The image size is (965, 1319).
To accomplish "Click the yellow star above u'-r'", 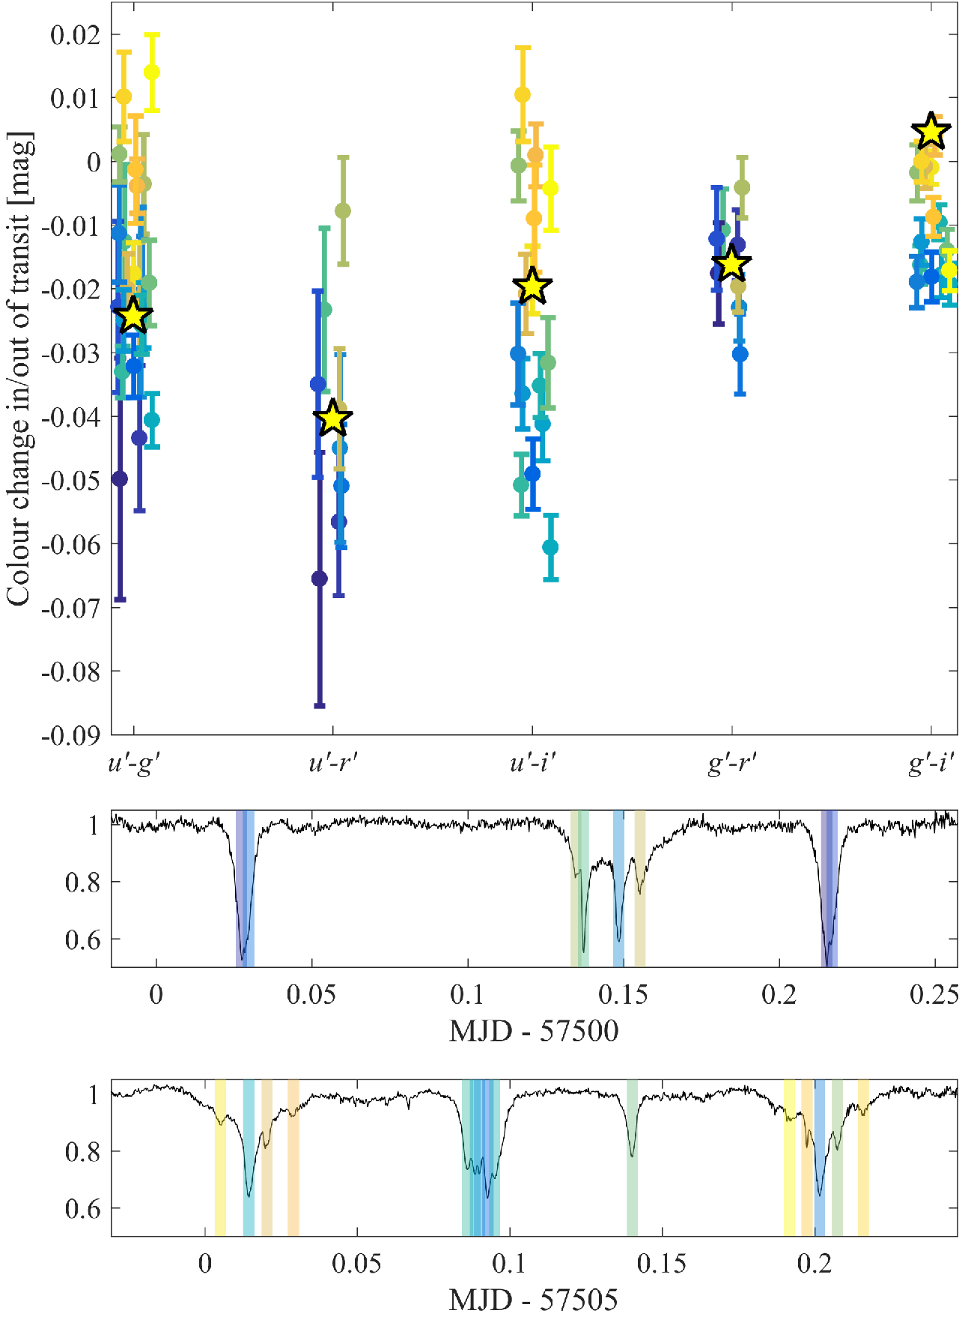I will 333,418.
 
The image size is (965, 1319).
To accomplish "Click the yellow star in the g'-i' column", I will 931,132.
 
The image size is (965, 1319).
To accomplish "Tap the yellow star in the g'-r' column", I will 731,264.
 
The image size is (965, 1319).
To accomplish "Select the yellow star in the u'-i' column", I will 532,286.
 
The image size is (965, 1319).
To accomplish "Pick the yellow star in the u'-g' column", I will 133,316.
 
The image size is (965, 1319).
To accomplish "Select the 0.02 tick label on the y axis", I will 76,34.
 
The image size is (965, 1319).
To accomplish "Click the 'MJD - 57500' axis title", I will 533,1032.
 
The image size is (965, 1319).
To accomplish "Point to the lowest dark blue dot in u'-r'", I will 320,579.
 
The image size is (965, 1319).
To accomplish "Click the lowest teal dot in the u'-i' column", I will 550,547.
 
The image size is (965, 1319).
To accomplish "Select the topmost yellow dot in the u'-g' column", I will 152,72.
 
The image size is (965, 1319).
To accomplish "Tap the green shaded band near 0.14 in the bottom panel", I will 632,1157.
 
